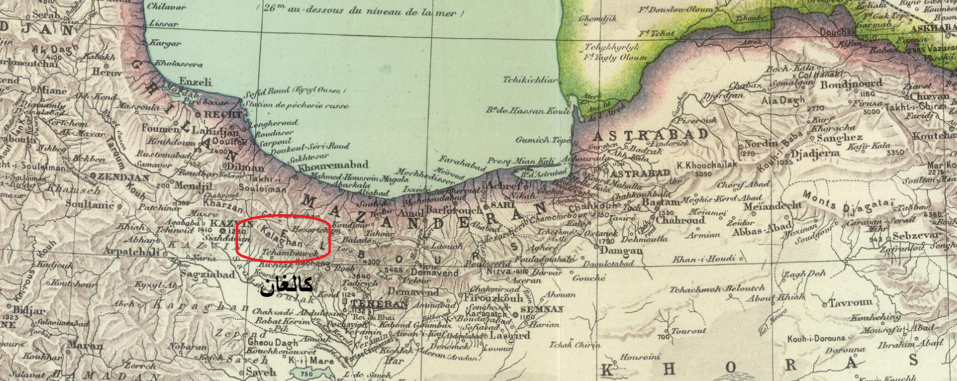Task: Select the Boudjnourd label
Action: point(852,85)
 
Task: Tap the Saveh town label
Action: point(261,372)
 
